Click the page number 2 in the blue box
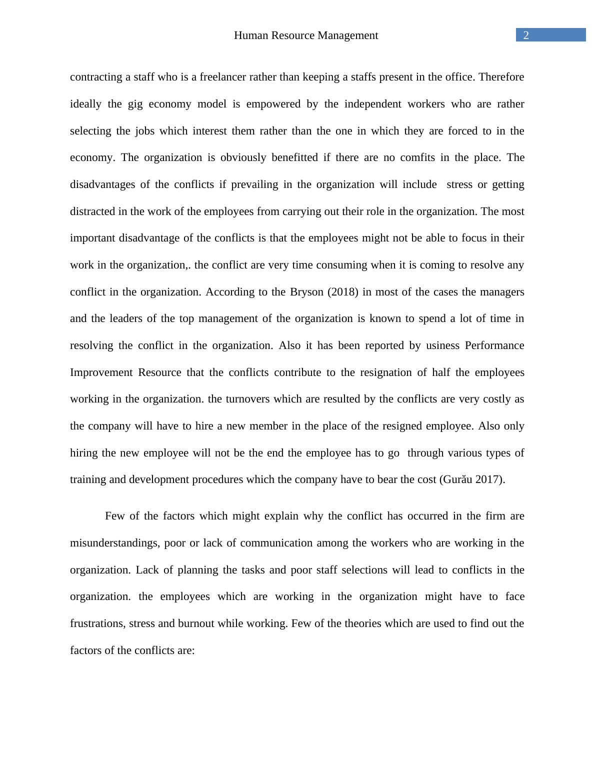coord(525,35)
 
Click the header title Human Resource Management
coord(305,35)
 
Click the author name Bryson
coord(306,292)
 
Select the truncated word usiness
coord(443,345)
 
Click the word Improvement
coord(101,372)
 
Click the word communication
coord(276,543)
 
